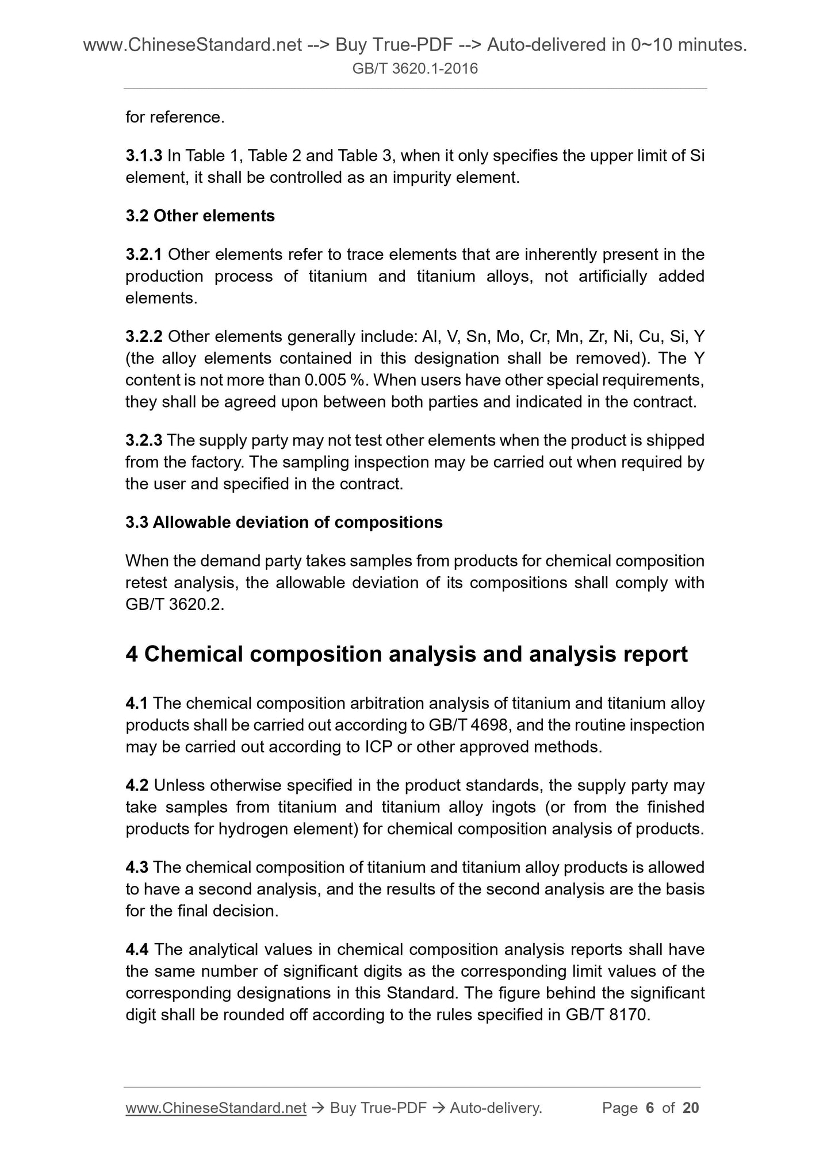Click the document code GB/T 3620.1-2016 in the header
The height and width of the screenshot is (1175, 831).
pyautogui.click(x=415, y=70)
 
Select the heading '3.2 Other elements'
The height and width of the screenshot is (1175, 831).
pyautogui.click(x=200, y=216)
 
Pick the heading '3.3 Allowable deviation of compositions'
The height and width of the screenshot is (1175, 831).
pyautogui.click(x=284, y=523)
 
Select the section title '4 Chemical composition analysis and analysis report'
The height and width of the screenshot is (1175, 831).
pyautogui.click(x=406, y=655)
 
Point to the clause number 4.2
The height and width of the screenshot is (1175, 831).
pyautogui.click(x=137, y=785)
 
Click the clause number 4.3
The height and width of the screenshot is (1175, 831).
pyautogui.click(x=137, y=867)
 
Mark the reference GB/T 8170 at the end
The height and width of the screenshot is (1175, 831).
pyautogui.click(x=607, y=1015)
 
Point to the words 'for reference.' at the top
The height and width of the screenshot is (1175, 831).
pyautogui.click(x=175, y=117)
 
